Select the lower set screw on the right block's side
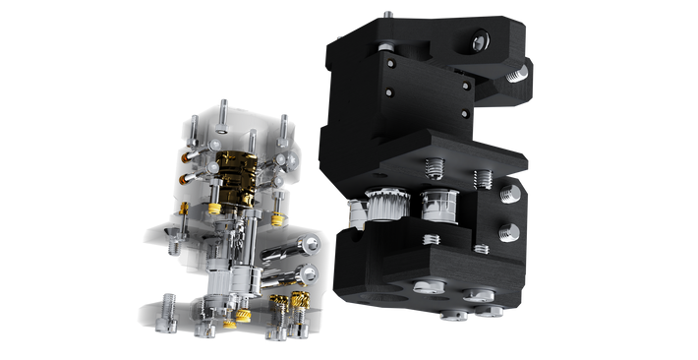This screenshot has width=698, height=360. (x=509, y=232)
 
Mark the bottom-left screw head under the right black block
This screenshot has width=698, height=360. (x=430, y=287)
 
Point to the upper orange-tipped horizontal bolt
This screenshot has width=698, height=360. (x=193, y=154)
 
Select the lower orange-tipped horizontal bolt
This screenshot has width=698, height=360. (x=194, y=177)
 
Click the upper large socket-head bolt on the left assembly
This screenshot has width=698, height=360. (x=311, y=241)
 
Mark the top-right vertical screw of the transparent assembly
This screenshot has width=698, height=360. (x=284, y=124)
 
